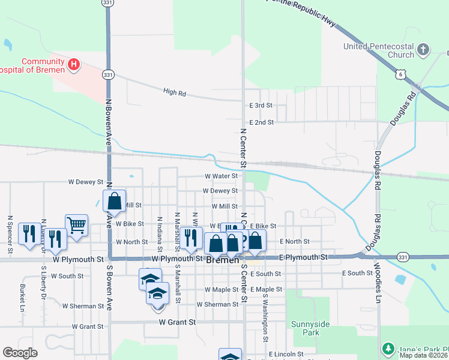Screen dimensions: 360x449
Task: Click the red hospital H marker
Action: coord(74,64)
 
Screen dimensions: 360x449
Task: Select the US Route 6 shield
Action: coord(401,74)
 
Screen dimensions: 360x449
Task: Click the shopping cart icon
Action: coord(76,225)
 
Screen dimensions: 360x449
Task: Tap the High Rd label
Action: coord(175,92)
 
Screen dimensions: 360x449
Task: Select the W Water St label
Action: coord(221,176)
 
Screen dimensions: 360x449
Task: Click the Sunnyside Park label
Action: coord(310,328)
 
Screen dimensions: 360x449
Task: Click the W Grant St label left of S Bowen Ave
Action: coord(88,326)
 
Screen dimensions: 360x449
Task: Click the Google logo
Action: coord(20,353)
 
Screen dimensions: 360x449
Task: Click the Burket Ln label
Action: coord(22,296)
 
